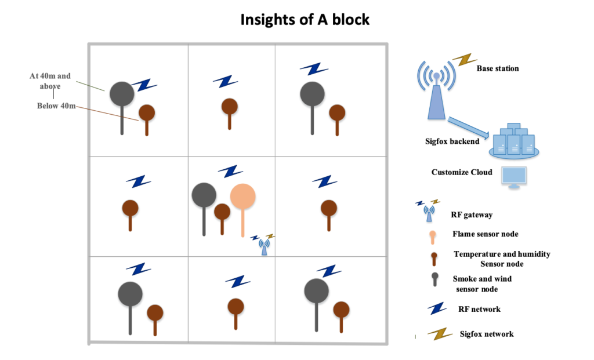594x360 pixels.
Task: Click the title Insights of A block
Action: tap(305, 20)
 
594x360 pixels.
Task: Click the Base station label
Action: tap(497, 68)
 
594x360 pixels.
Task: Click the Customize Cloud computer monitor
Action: tap(513, 177)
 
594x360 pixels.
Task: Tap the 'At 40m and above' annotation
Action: tap(50, 81)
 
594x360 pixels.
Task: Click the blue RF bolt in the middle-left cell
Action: tap(139, 181)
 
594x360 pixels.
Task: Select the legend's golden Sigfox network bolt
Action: tap(440, 333)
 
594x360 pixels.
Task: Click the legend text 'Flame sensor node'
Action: tap(485, 234)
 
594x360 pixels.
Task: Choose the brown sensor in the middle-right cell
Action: tap(329, 208)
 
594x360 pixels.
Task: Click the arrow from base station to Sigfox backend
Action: tap(467, 128)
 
